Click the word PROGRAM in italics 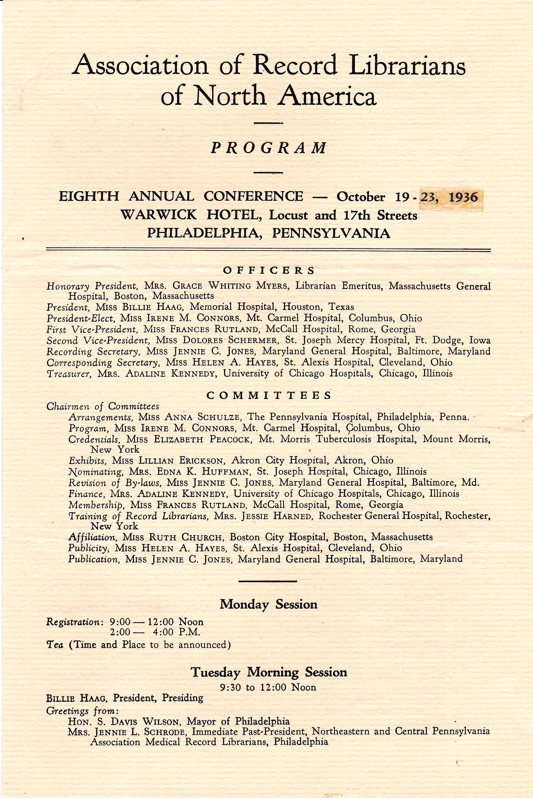pos(268,148)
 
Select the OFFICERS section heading pos(268,270)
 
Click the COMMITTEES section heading pos(268,395)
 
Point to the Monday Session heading pos(268,604)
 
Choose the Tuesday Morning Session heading pos(268,672)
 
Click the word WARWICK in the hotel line pos(158,215)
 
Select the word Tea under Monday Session pos(54,645)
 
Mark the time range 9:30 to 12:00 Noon pos(268,687)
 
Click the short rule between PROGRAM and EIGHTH pos(268,173)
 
